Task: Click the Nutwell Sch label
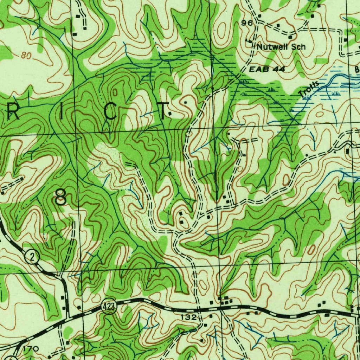[281, 47]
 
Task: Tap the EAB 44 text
[267, 70]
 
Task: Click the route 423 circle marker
[109, 307]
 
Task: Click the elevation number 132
[188, 317]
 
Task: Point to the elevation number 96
[247, 23]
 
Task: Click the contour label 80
[26, 56]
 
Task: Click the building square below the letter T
[170, 114]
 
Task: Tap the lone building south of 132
[202, 341]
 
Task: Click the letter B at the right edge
[356, 70]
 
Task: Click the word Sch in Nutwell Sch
[298, 47]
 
